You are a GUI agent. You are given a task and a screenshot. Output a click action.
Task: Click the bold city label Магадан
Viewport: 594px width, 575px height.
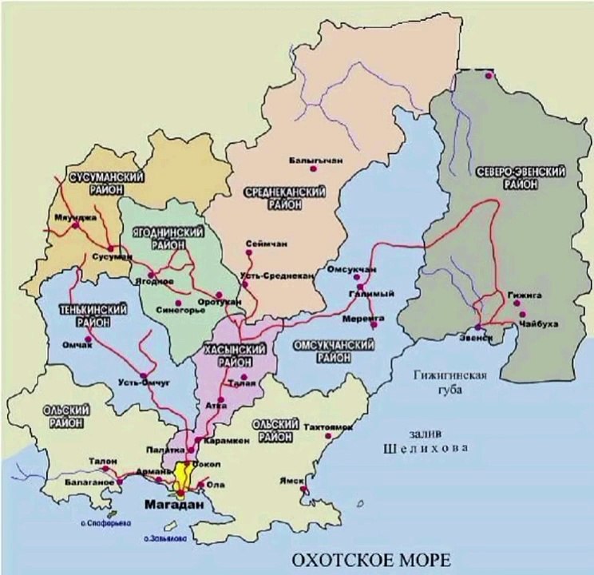174,506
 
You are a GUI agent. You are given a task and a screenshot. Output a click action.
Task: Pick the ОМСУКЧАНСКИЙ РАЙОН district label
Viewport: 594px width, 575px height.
336,351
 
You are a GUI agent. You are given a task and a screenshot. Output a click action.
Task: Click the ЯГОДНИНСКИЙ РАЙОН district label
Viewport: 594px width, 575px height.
168,237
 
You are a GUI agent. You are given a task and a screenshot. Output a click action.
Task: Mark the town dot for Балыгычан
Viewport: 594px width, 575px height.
314,169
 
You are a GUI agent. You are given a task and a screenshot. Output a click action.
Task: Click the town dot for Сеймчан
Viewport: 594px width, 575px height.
250,253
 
